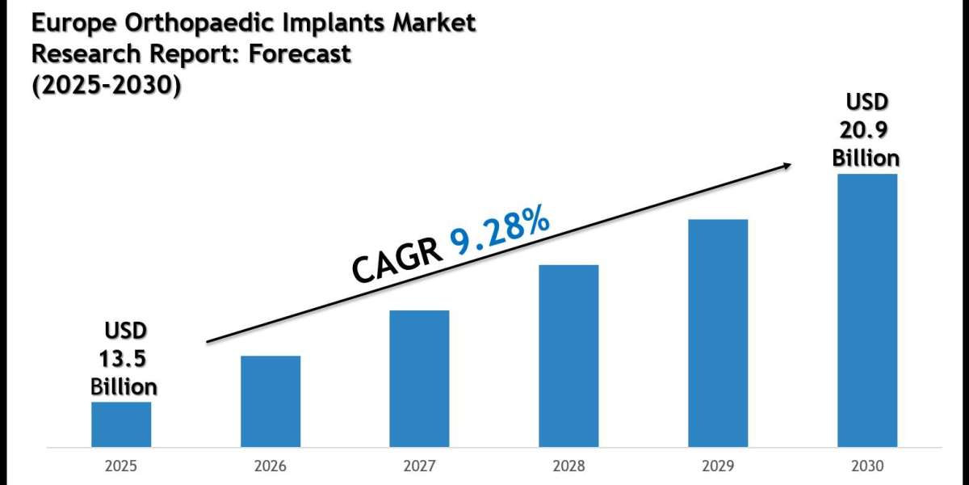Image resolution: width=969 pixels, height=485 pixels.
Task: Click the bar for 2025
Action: pyautogui.click(x=121, y=424)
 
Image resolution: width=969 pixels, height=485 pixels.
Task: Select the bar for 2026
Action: pyautogui.click(x=271, y=402)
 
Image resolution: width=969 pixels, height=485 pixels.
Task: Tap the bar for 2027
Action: pyautogui.click(x=419, y=378)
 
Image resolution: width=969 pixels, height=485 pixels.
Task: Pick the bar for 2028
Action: pyautogui.click(x=568, y=356)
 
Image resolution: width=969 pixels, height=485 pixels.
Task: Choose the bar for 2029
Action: pyautogui.click(x=718, y=333)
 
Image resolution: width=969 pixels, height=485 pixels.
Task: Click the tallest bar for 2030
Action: pyautogui.click(x=866, y=310)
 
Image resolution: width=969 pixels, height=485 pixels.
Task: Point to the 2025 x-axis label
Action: pyautogui.click(x=121, y=466)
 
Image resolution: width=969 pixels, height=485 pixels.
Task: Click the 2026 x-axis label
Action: pyautogui.click(x=271, y=466)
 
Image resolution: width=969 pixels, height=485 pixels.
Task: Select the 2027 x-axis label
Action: pyautogui.click(x=419, y=466)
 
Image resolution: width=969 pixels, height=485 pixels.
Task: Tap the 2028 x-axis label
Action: pyautogui.click(x=568, y=466)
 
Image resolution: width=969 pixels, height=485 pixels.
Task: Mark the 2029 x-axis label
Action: pyautogui.click(x=718, y=466)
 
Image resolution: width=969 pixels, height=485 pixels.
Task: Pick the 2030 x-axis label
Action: pyautogui.click(x=866, y=466)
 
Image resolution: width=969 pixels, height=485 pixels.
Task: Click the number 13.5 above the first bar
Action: pyautogui.click(x=124, y=358)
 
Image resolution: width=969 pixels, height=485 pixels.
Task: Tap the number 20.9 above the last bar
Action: pyautogui.click(x=866, y=129)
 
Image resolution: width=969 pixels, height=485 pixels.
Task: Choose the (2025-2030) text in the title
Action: pyautogui.click(x=106, y=85)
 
